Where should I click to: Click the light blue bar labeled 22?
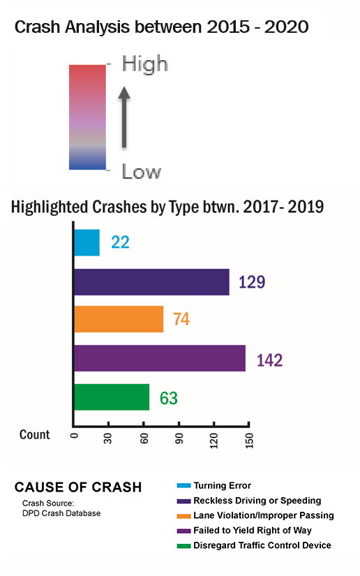click(x=87, y=242)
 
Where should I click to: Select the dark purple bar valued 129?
click(x=151, y=281)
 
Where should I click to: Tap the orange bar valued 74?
click(x=119, y=320)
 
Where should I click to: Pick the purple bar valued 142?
click(x=160, y=358)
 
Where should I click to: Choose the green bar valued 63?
click(x=112, y=397)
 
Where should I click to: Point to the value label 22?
click(x=119, y=243)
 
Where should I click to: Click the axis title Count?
click(x=35, y=435)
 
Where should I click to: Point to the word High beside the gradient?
click(x=145, y=64)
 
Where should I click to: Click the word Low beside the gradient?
click(x=142, y=171)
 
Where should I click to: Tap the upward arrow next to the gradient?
click(x=123, y=116)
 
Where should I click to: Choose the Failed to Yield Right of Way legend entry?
click(x=253, y=531)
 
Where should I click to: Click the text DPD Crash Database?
click(x=61, y=514)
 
